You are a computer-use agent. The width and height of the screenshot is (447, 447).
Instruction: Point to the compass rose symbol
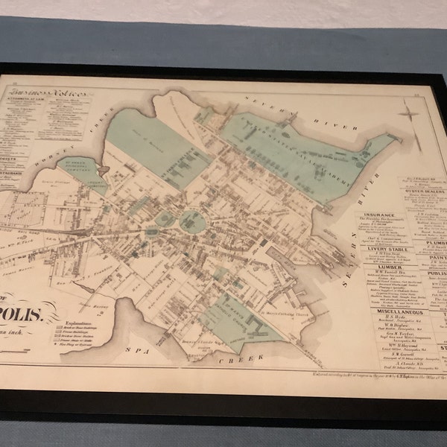(410, 116)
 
